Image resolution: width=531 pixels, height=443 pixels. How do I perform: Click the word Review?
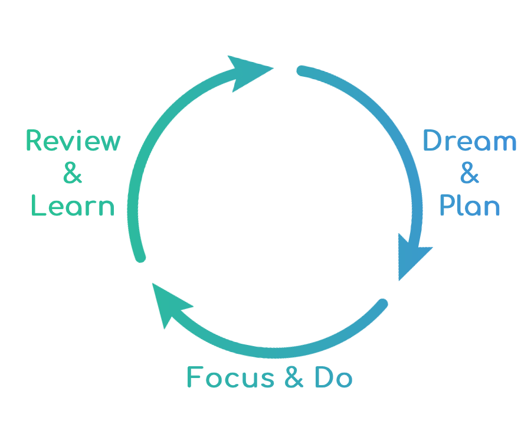pos(73,142)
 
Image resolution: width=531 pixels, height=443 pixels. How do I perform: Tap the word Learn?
pos(73,206)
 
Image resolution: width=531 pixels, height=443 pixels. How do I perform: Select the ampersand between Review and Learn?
pos(73,174)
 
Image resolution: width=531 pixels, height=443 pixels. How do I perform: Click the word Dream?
pos(470,142)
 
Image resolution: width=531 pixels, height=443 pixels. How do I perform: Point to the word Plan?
pos(470,206)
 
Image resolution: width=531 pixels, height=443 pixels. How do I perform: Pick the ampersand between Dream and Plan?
pos(469,174)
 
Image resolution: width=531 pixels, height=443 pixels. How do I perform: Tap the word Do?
pos(334,377)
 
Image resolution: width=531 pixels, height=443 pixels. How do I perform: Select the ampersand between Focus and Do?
pos(294,378)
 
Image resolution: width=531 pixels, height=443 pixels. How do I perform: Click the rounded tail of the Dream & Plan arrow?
pos(301,71)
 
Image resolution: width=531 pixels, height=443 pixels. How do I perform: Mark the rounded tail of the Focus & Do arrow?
pos(383,304)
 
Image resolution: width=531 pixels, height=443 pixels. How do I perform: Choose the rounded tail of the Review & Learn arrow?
pos(140,257)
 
